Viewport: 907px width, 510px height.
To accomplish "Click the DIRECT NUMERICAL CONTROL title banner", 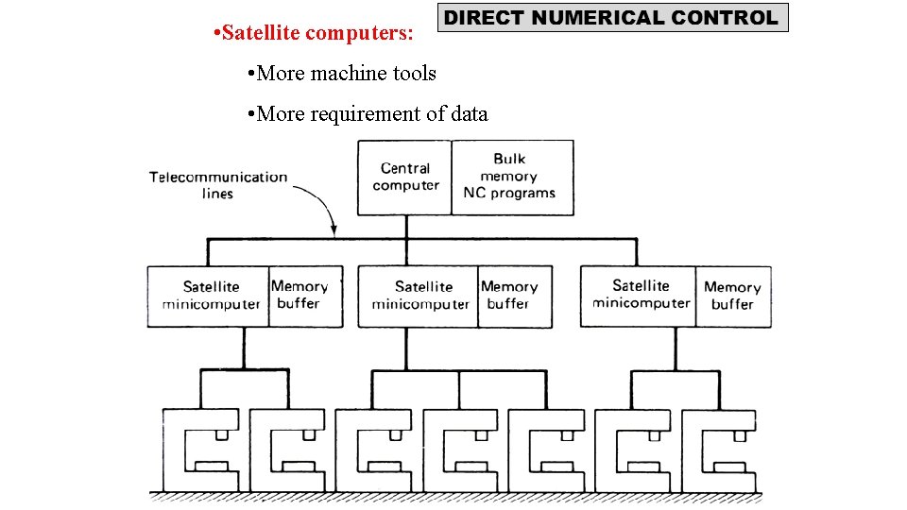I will click(612, 18).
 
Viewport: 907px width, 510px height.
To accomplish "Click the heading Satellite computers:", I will click(314, 34).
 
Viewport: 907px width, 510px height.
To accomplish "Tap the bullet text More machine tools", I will click(340, 73).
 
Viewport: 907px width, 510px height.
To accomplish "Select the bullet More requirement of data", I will click(367, 114).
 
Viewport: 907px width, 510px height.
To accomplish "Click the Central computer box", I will click(405, 177).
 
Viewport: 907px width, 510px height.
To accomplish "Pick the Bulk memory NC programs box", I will click(511, 177).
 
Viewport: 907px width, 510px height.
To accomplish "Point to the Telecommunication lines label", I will click(217, 185).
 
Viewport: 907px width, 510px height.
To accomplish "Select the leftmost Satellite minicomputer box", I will click(210, 296).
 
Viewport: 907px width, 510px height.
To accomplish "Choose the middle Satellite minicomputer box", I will click(419, 296).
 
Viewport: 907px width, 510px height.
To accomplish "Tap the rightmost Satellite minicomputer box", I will click(640, 295).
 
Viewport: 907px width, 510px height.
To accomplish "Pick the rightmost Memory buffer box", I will click(732, 296).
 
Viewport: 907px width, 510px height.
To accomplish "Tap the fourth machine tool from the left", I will click(458, 451).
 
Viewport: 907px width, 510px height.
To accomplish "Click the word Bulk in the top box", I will click(509, 160).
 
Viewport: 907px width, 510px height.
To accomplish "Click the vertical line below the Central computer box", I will click(405, 227).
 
